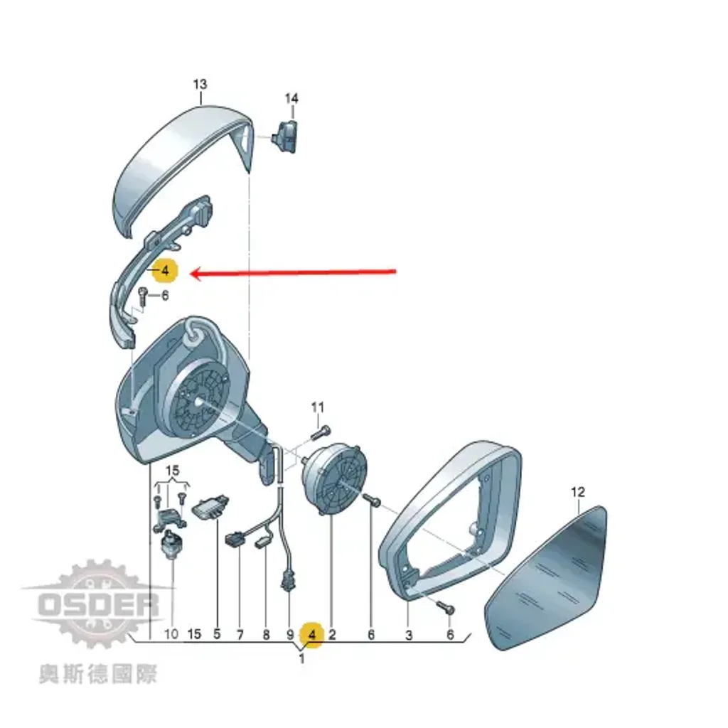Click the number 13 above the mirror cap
point(200,85)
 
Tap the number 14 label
point(291,98)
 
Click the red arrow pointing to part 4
point(293,272)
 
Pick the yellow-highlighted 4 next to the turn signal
point(165,269)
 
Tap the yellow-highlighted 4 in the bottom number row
point(312,635)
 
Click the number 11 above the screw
point(318,407)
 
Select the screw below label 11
point(321,433)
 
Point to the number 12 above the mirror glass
point(578,492)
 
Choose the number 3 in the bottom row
point(409,635)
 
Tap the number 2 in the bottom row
point(332,635)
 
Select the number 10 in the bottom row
point(171,633)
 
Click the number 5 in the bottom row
point(217,633)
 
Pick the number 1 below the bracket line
point(301,658)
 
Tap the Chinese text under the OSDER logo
point(98,674)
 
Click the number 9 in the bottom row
point(290,635)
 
